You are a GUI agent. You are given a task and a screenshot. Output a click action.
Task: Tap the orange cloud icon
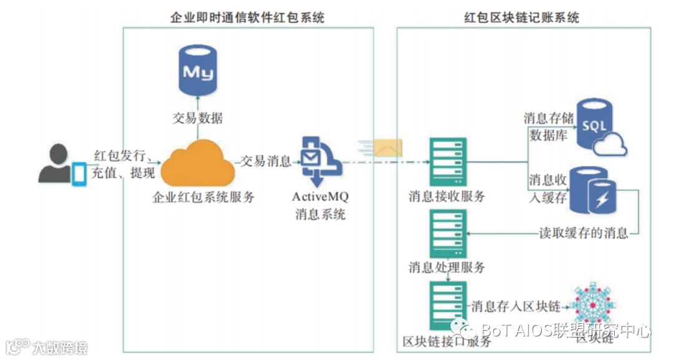point(198,164)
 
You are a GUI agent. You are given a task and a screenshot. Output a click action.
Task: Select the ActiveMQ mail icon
point(317,160)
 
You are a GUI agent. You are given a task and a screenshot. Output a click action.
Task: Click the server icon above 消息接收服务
point(448,161)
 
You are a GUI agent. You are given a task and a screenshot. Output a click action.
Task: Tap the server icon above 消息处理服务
point(448,232)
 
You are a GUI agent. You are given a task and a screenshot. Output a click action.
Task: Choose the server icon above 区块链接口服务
point(448,305)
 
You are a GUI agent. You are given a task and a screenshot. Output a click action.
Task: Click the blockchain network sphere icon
point(593,306)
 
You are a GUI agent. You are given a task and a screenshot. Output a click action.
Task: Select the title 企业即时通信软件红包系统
point(248,17)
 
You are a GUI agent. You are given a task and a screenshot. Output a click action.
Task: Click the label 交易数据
point(198,118)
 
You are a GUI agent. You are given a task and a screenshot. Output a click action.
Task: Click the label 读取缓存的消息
point(584,233)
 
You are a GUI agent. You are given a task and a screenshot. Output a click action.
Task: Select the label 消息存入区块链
point(515,306)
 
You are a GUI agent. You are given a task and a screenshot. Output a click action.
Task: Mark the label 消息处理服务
point(447,268)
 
